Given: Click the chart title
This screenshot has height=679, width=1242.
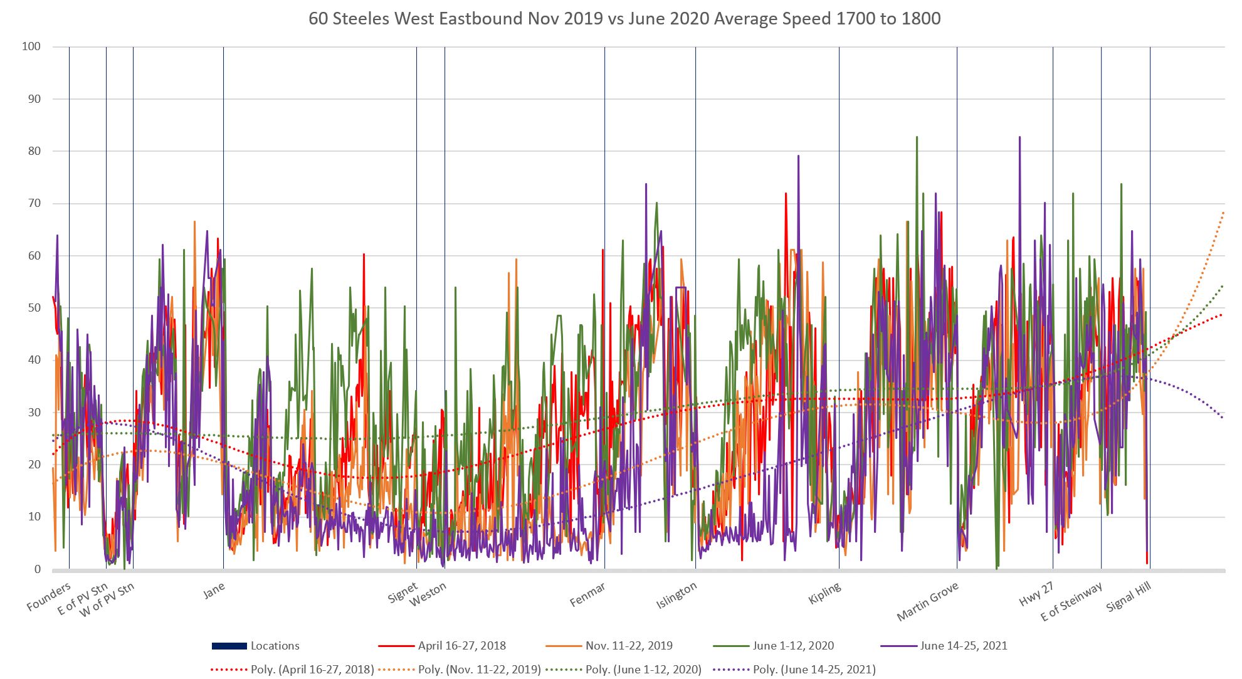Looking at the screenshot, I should click(x=624, y=19).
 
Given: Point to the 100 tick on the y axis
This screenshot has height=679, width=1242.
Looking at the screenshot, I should click(x=30, y=46).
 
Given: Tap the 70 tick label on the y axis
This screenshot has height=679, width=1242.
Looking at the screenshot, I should click(x=33, y=203).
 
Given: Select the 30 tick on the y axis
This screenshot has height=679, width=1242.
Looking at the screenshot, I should click(x=33, y=413).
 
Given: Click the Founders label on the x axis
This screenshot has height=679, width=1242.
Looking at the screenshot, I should click(x=48, y=597).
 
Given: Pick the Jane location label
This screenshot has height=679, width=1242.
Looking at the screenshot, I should click(x=214, y=590).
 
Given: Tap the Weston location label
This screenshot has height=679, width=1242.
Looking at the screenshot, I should click(x=428, y=594).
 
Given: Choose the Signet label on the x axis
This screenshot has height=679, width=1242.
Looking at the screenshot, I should click(x=403, y=592).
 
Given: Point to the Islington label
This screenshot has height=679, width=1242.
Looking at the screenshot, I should click(x=676, y=596).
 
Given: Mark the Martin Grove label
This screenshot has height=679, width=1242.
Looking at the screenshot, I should click(x=927, y=601).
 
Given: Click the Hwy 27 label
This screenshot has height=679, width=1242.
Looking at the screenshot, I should click(x=1036, y=594).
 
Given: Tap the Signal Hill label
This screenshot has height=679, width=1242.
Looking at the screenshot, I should click(x=1129, y=596).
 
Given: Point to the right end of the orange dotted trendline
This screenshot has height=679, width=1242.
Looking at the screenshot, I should click(x=1223, y=213).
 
